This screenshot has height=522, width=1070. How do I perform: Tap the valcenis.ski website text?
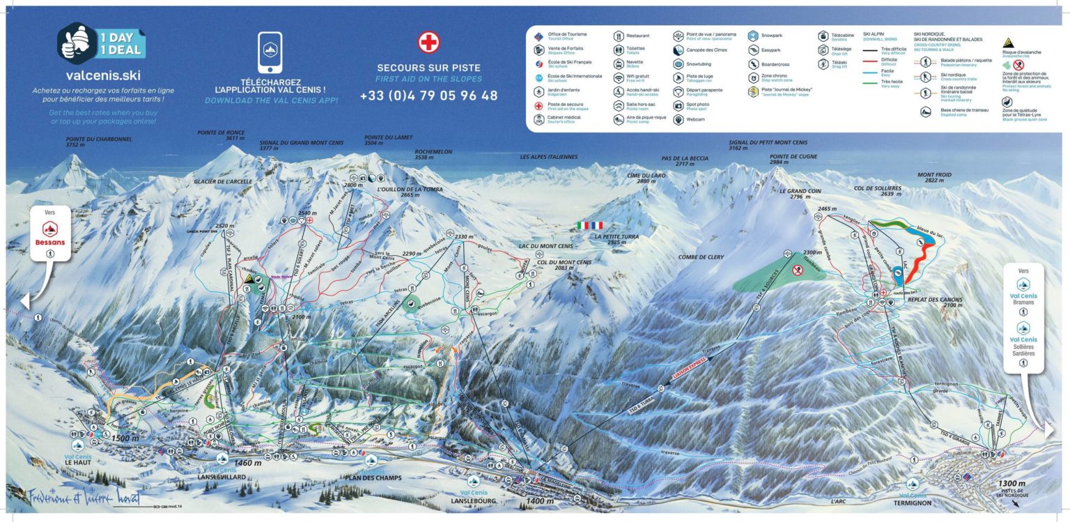102,75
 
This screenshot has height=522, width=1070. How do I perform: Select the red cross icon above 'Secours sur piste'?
428,43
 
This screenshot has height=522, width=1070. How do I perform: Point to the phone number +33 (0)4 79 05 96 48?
428,95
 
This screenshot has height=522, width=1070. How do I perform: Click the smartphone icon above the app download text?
270,52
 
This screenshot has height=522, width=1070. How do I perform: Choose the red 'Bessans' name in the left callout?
49,243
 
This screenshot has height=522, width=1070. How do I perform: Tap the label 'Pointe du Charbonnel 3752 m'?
98,142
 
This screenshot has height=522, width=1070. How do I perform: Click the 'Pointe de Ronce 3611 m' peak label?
221,135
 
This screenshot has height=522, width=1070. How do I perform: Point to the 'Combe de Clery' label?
701,257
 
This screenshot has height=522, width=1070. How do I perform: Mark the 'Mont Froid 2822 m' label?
934,178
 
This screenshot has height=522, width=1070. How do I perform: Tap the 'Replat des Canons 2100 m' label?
934,302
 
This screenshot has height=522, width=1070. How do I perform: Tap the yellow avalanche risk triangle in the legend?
1008,42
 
